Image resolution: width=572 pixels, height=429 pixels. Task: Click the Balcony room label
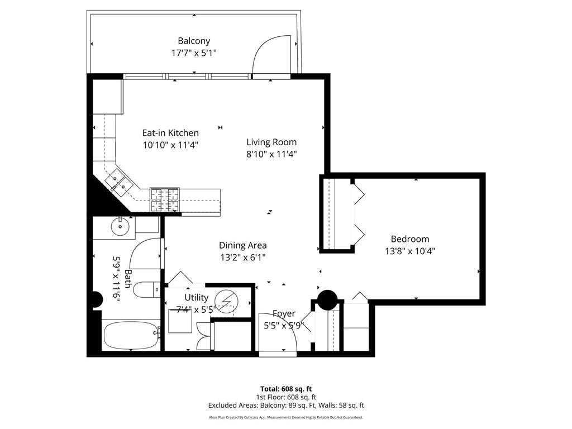194,41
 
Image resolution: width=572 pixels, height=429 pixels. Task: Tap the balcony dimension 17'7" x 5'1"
194,53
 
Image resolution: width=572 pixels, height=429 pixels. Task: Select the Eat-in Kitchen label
170,133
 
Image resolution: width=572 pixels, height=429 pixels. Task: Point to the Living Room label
271,142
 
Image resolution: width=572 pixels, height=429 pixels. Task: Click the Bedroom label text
409,239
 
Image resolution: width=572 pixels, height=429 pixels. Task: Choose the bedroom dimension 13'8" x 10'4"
409,251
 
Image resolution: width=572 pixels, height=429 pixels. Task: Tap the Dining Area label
242,245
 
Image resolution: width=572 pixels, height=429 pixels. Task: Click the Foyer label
284,314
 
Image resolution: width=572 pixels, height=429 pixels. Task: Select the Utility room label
196,298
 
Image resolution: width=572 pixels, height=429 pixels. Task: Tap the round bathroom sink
120,226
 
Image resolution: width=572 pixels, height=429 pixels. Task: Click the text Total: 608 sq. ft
285,389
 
